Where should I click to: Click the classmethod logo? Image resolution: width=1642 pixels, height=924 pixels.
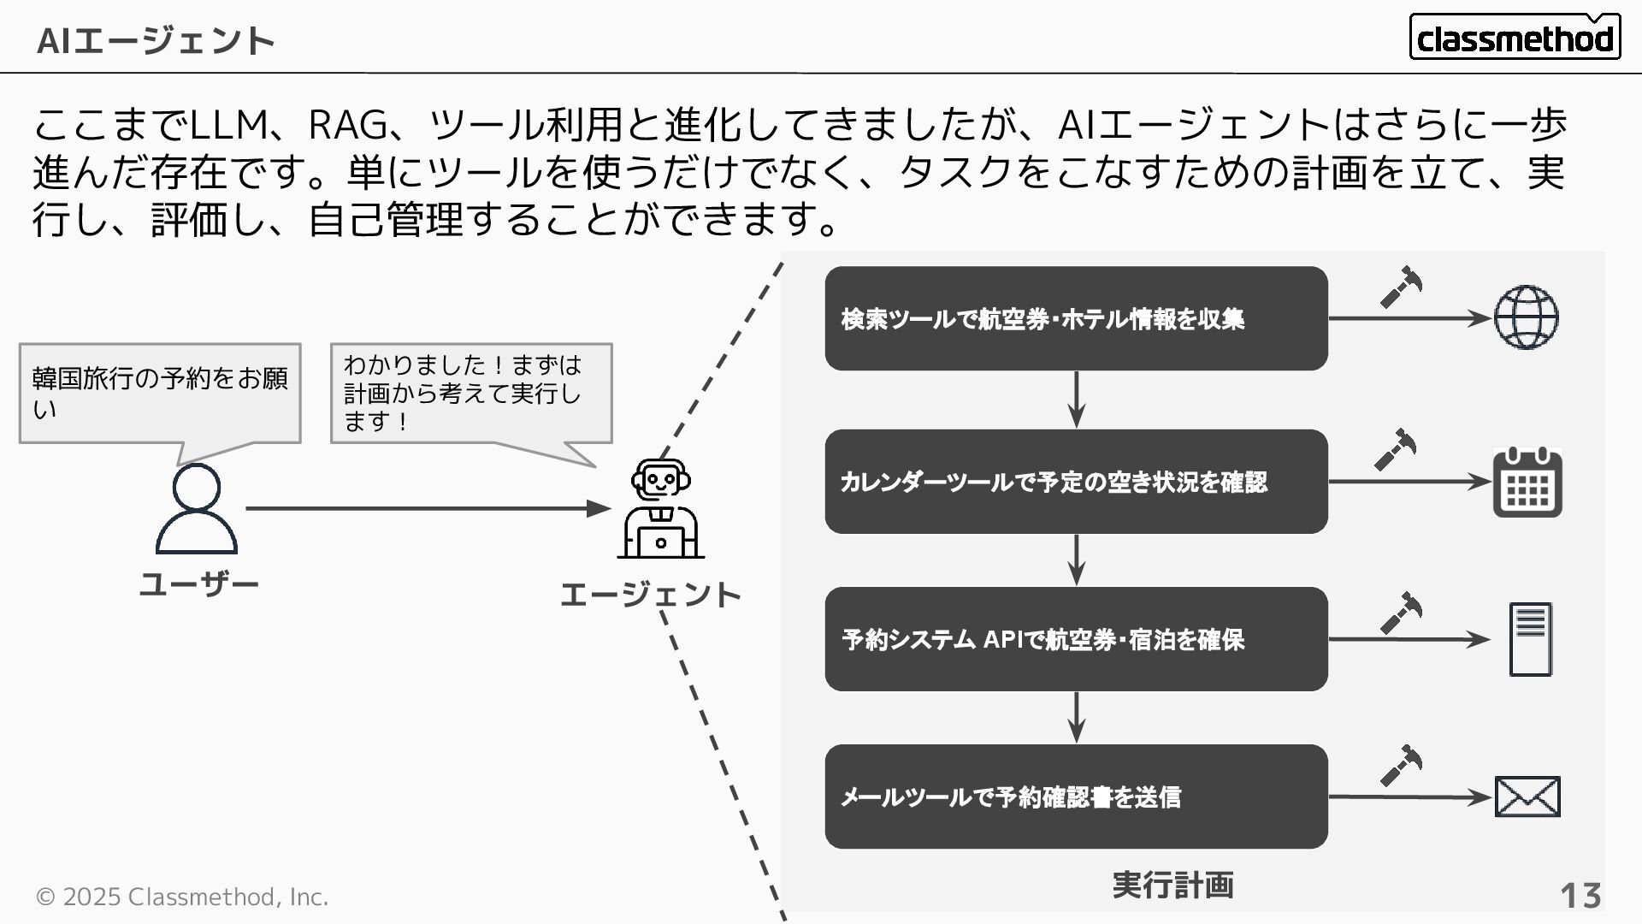click(1515, 37)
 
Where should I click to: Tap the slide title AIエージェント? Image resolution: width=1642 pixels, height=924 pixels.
click(156, 40)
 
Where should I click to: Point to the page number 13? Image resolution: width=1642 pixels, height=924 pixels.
click(1580, 896)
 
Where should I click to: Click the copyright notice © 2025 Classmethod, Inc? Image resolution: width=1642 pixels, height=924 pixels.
click(181, 897)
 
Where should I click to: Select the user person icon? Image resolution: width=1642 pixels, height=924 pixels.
click(197, 509)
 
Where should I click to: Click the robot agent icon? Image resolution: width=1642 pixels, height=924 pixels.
click(660, 509)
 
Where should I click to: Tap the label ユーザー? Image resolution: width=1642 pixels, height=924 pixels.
click(198, 585)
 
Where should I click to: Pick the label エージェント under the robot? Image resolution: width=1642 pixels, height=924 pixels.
click(650, 595)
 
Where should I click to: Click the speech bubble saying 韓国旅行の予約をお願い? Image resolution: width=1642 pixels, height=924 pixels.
click(160, 394)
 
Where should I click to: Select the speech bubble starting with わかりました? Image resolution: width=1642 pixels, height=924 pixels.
click(471, 394)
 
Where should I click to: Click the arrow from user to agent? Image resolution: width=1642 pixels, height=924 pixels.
click(428, 508)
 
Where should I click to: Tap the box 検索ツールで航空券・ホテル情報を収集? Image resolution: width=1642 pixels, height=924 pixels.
click(1076, 318)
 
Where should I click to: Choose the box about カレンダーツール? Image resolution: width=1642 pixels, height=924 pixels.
click(1076, 482)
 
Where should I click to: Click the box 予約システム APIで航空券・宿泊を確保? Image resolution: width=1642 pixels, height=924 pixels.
click(1076, 639)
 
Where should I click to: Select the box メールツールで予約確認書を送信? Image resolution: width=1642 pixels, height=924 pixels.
click(1076, 797)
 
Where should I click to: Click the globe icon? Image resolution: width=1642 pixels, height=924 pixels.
click(1527, 318)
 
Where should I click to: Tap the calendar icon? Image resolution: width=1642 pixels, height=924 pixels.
click(1527, 483)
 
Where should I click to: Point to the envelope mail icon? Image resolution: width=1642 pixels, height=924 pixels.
click(1527, 797)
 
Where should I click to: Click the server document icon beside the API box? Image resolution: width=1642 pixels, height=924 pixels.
click(1530, 639)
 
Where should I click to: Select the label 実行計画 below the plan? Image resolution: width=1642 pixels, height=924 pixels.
click(1172, 885)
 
